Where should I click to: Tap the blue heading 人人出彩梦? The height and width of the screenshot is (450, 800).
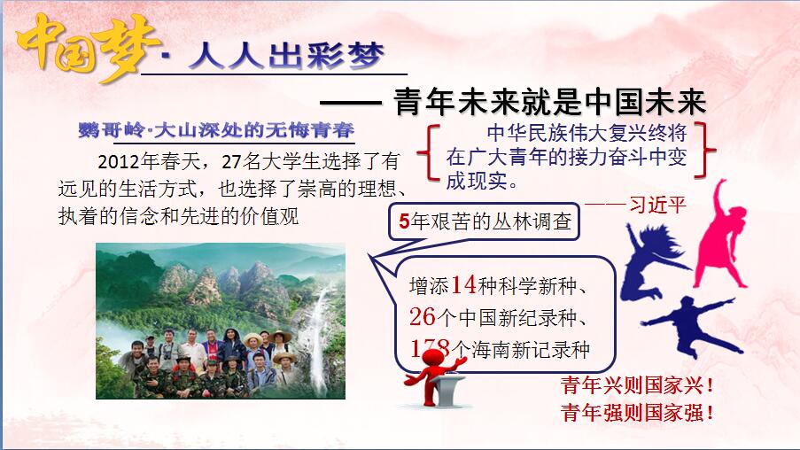coord(285,56)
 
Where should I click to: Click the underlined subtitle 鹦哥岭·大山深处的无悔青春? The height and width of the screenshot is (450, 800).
coord(216,130)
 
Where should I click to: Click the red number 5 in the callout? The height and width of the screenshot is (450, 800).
coord(404,221)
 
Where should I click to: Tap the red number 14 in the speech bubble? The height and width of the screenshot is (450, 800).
coord(463,284)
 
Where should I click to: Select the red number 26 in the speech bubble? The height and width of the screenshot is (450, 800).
coord(422,317)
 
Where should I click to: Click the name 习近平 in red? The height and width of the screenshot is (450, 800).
coord(657,206)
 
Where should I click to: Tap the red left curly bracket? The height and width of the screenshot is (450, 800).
coord(429,152)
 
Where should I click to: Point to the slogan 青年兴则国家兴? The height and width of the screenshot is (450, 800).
coord(637,385)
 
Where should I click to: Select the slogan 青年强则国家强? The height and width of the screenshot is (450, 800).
coord(637,412)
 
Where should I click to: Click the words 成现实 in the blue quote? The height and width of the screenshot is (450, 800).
coord(477,181)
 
